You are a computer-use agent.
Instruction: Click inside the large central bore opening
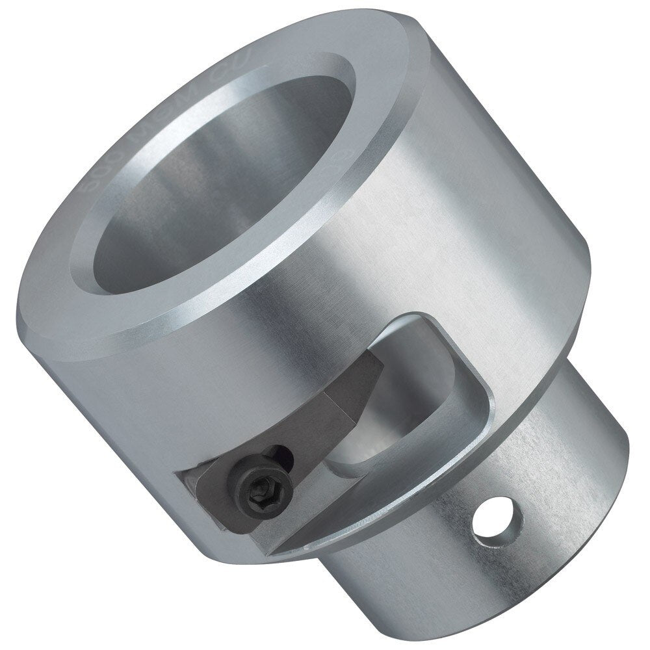214,188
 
